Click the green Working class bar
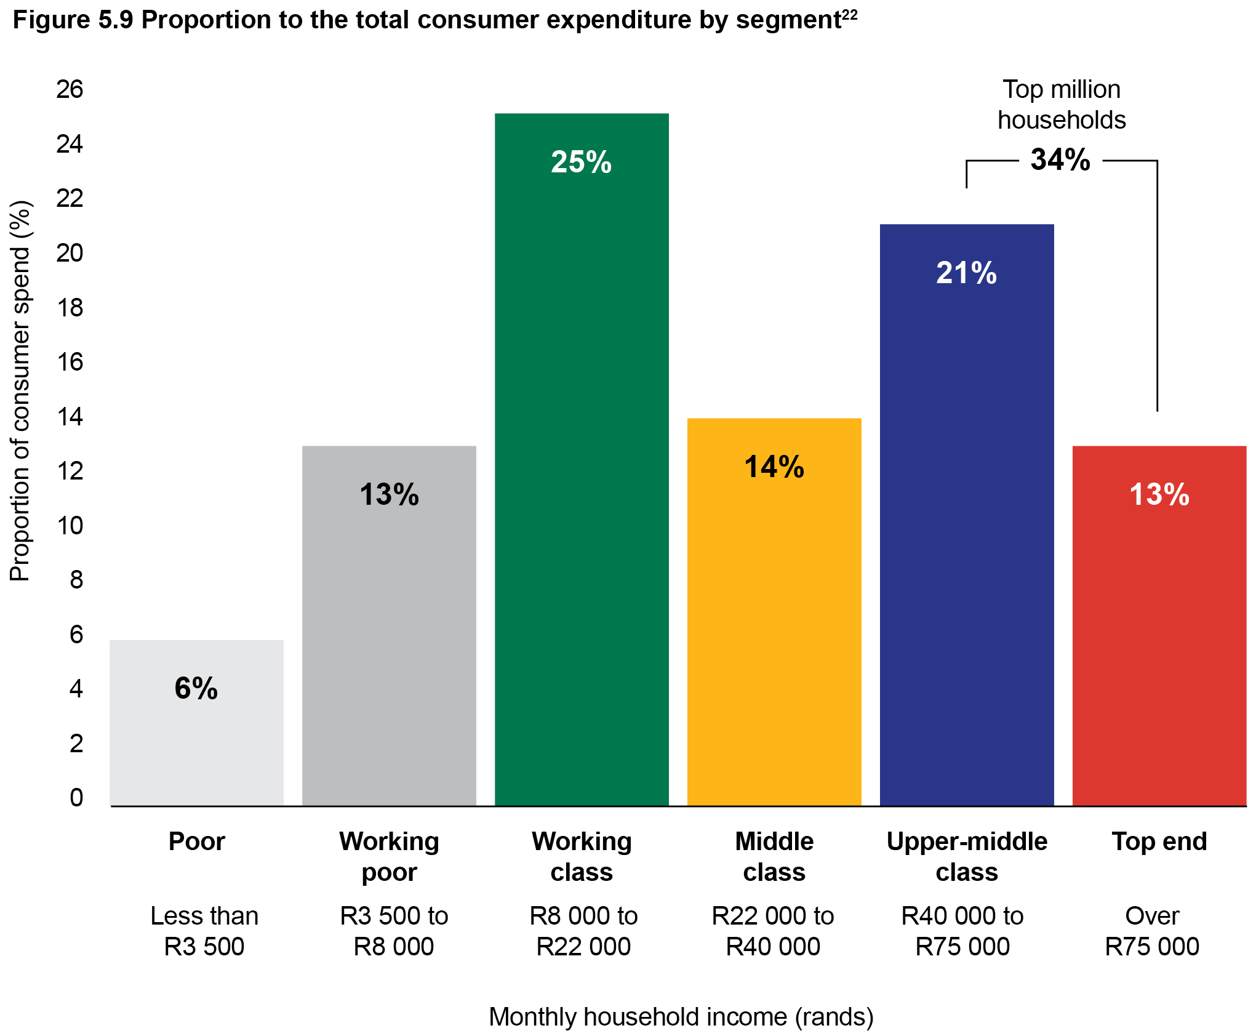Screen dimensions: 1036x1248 click(x=581, y=462)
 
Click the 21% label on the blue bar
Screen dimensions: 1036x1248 click(x=966, y=273)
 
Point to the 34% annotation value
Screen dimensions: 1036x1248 click(x=1060, y=159)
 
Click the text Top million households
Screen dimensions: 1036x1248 click(x=1061, y=105)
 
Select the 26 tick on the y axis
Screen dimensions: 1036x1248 click(x=70, y=89)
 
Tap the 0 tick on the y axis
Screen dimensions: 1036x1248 click(x=76, y=798)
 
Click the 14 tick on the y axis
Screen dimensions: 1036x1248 click(x=70, y=417)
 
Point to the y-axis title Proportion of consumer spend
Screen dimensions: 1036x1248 click(x=20, y=391)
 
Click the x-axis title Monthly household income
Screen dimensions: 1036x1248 click(x=681, y=1016)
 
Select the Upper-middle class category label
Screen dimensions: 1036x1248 click(x=966, y=856)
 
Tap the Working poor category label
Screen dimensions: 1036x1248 click(x=389, y=856)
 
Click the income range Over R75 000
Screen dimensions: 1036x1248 click(x=1151, y=931)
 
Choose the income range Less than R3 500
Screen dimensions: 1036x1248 click(x=204, y=931)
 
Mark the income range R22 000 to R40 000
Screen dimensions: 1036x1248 click(x=773, y=931)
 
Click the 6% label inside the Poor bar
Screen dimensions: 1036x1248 click(x=196, y=688)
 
